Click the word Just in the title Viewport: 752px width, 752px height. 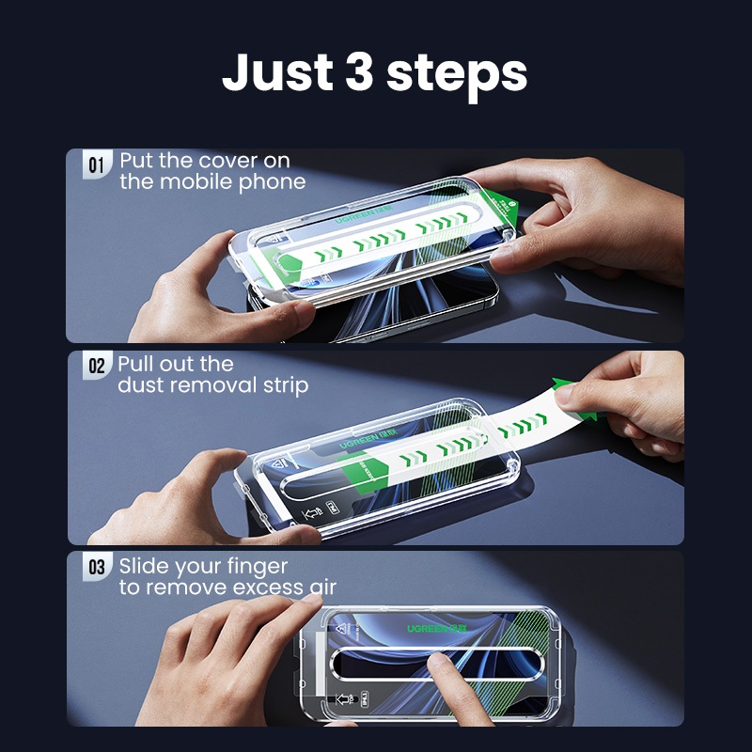coord(277,72)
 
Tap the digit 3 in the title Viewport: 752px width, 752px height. coord(359,71)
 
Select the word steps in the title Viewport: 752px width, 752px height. coord(457,77)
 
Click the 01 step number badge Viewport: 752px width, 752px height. coord(97,164)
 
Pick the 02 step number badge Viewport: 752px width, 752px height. coord(97,366)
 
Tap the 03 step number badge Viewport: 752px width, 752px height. coord(97,567)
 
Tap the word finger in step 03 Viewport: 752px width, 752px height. coord(257,568)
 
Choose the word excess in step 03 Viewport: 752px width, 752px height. coord(263,588)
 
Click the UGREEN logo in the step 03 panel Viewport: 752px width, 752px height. coord(436,628)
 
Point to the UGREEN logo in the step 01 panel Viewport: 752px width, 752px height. coord(364,214)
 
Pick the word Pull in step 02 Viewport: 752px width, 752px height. coord(135,364)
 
